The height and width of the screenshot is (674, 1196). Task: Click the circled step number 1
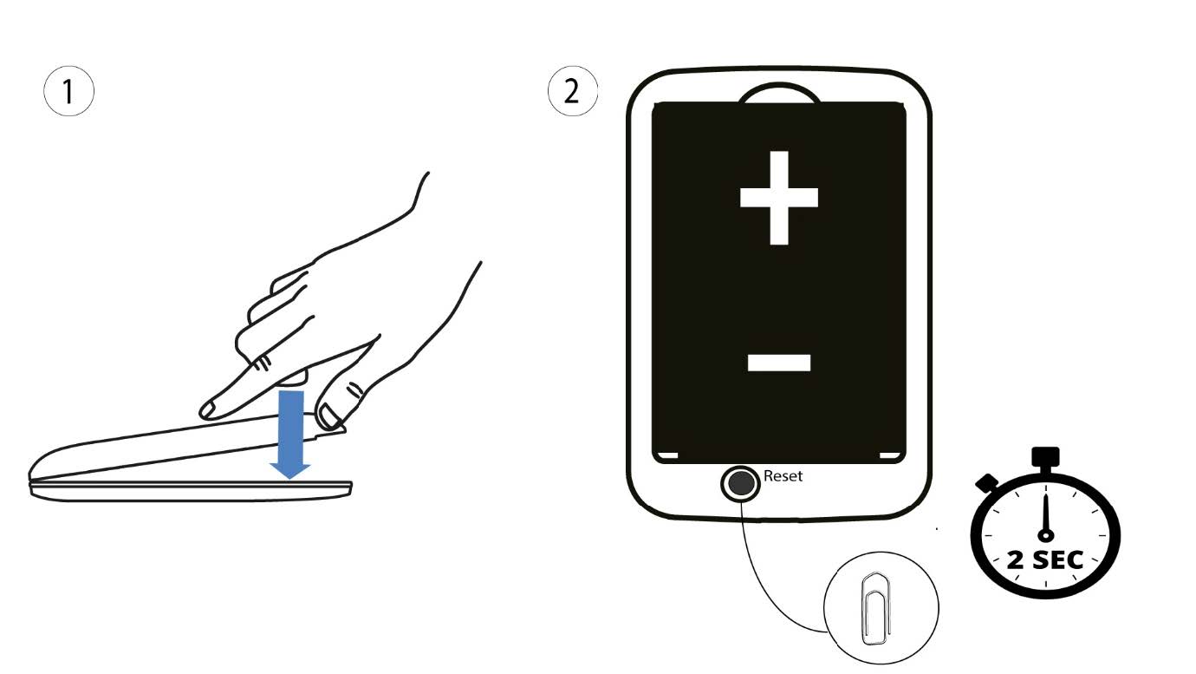68,91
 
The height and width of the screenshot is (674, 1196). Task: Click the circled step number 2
572,91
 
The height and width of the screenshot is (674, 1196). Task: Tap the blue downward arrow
290,435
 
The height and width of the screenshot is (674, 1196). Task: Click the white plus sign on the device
779,198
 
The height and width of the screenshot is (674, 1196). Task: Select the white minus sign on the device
779,363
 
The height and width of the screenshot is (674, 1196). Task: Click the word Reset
783,475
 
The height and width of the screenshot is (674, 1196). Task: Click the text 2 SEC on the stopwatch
1045,559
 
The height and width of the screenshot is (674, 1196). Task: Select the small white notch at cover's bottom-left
666,455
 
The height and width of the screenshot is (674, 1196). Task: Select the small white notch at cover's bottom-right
889,455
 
